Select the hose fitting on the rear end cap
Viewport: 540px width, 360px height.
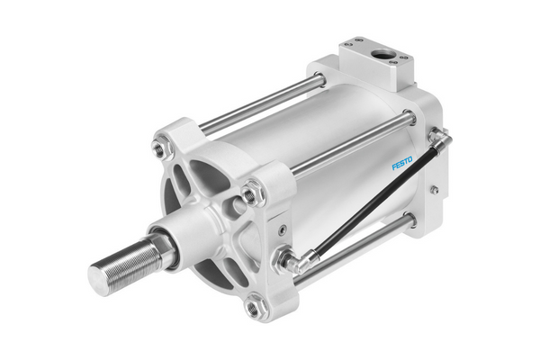point(439,137)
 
